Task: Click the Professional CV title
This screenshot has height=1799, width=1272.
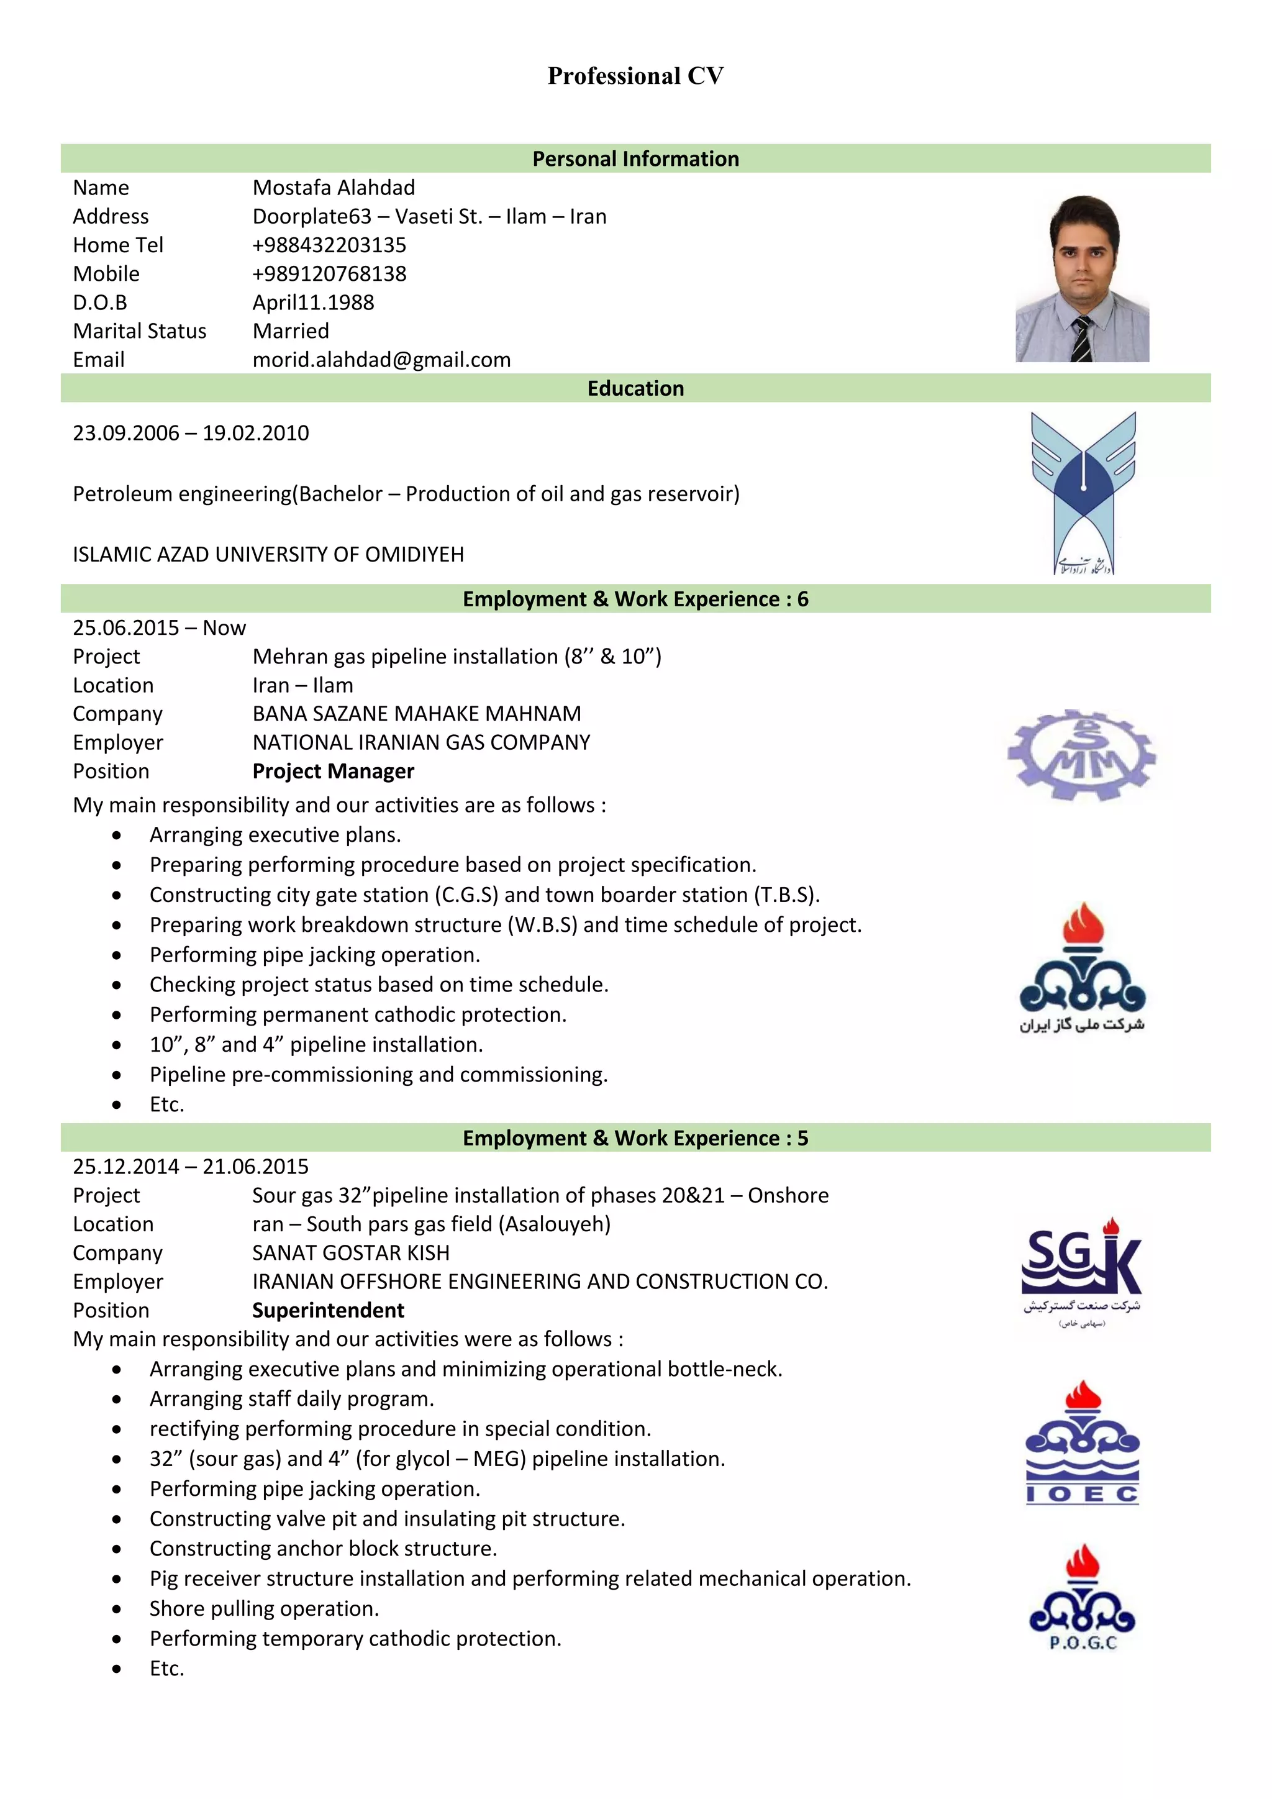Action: coord(635,76)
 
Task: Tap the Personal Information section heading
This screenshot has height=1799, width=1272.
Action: coord(635,159)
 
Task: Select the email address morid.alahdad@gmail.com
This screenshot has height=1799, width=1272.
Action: coord(381,360)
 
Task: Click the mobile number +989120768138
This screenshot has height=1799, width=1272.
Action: coord(329,273)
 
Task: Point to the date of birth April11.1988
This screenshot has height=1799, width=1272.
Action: coord(313,303)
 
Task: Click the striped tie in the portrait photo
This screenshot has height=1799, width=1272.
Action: coord(1082,339)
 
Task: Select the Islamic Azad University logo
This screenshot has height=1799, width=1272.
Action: coord(1083,492)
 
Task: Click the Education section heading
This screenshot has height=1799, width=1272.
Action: coord(635,389)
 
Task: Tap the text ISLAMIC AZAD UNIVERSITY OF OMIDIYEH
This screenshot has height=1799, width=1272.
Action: coord(268,555)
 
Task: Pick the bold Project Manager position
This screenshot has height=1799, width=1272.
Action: coord(333,772)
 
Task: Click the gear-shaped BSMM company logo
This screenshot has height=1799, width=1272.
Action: coord(1082,755)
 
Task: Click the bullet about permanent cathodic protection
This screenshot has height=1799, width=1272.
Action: coord(358,1014)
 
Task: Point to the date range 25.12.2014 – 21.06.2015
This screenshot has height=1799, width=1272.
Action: coord(190,1167)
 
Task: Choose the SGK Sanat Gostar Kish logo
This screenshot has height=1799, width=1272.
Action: coord(1082,1272)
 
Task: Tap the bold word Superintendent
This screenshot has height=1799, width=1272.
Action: coord(328,1311)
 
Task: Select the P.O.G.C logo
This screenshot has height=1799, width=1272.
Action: coord(1083,1598)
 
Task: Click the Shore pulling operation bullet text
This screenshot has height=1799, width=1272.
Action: coord(264,1608)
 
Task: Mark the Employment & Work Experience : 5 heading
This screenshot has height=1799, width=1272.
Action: coord(635,1139)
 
